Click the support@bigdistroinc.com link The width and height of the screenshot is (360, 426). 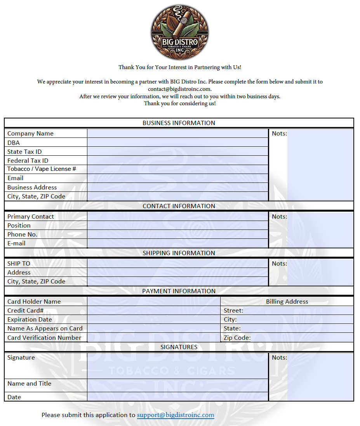click(x=176, y=415)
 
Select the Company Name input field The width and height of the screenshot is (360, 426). click(x=177, y=134)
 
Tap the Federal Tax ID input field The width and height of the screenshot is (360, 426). click(x=177, y=160)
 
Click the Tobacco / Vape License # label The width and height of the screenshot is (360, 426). click(x=42, y=169)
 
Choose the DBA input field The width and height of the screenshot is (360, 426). click(x=177, y=143)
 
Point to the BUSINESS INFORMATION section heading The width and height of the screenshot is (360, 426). click(x=179, y=123)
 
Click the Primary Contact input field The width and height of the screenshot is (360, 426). click(x=177, y=217)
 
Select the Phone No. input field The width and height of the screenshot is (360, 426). click(x=177, y=235)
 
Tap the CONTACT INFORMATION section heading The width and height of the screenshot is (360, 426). click(x=179, y=206)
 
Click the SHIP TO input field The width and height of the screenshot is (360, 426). click(x=177, y=264)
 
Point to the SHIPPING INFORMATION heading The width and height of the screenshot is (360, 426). click(x=179, y=253)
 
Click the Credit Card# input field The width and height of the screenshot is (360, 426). click(x=154, y=311)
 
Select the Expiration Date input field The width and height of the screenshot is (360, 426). click(x=154, y=320)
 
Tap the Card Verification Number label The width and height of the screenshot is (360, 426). click(x=44, y=338)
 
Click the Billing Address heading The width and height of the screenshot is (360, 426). click(x=287, y=302)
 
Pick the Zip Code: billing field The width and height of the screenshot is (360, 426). click(x=301, y=338)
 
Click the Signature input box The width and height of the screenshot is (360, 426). click(x=177, y=366)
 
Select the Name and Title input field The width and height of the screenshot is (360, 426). click(x=177, y=386)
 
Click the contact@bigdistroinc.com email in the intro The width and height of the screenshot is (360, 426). click(x=179, y=89)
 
